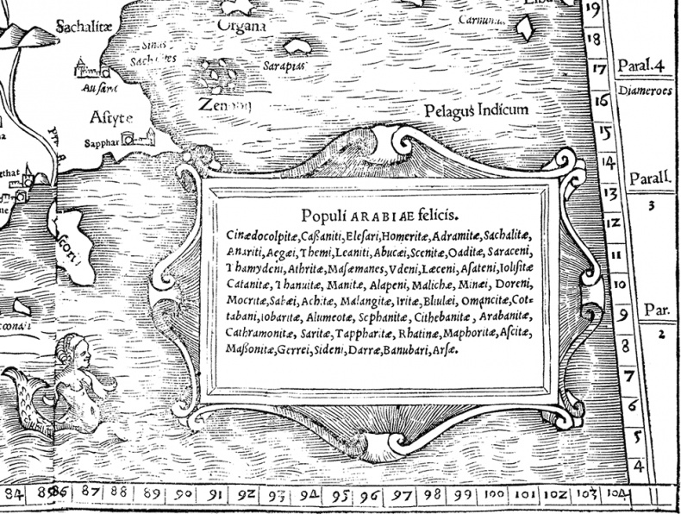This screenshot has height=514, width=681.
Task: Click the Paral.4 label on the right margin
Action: [643, 66]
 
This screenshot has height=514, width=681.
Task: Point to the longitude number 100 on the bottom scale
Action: [495, 494]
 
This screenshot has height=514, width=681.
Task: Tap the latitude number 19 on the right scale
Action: [593, 10]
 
